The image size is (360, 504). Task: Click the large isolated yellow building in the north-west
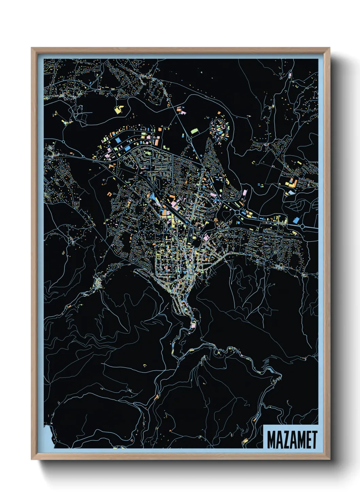(119, 109)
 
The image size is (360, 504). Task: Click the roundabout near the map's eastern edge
(302, 226)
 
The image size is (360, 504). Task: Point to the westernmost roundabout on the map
(63, 141)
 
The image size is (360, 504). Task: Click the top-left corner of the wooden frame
(32, 48)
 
